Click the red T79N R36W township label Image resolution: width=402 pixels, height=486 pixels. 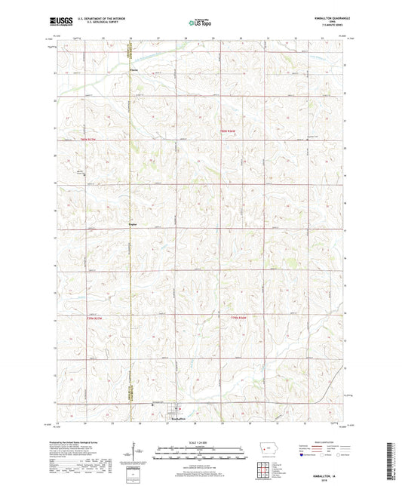(x=240, y=318)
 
